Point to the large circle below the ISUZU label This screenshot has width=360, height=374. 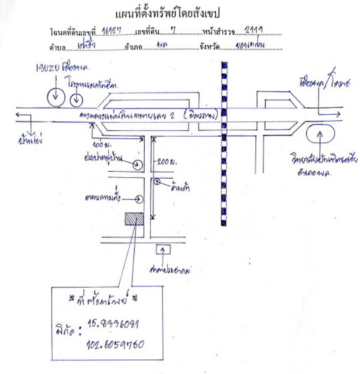tap(56, 96)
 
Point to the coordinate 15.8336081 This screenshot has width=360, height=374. tap(114, 324)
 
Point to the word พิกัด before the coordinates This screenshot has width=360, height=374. tap(62, 333)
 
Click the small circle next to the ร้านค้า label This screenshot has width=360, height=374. tap(158, 181)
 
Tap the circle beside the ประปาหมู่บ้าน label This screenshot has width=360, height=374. tap(137, 164)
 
